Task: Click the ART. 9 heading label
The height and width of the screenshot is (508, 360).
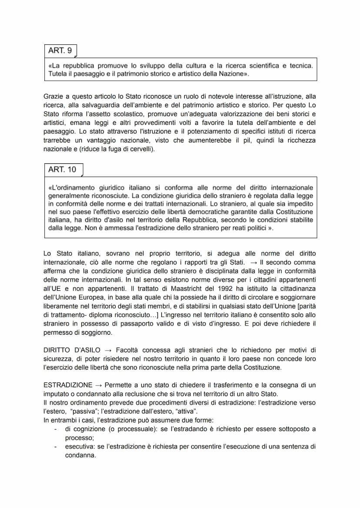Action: [60, 50]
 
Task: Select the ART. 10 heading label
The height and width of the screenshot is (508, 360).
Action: [62, 169]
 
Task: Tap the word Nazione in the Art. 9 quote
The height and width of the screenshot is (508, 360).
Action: [233, 74]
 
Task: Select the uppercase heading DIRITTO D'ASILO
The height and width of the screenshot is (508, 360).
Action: [72, 350]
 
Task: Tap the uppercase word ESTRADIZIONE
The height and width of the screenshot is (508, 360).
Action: [68, 385]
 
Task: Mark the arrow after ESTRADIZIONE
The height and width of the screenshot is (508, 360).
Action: [99, 385]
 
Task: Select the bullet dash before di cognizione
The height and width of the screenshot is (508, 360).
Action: [55, 429]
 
